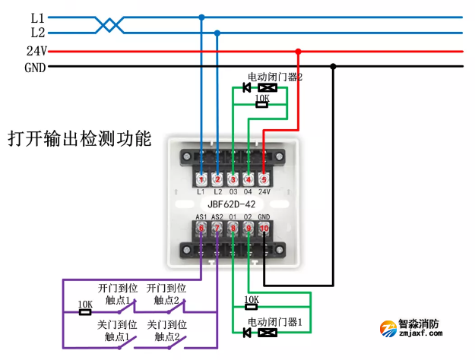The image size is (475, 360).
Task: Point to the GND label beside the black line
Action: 36,67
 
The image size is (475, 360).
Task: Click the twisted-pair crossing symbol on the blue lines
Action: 110,25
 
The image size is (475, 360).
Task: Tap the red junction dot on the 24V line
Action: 298,52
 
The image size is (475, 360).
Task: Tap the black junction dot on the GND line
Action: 333,67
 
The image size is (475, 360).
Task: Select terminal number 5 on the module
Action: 264,179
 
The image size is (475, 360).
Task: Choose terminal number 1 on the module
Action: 201,179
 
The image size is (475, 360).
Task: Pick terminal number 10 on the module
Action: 264,227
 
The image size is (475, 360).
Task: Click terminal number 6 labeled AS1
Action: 201,227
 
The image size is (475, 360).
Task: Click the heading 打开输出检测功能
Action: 80,141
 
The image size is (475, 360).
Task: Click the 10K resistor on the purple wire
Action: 85,311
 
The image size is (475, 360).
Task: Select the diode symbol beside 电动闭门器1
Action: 246,332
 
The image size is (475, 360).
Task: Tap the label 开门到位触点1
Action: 118,294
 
